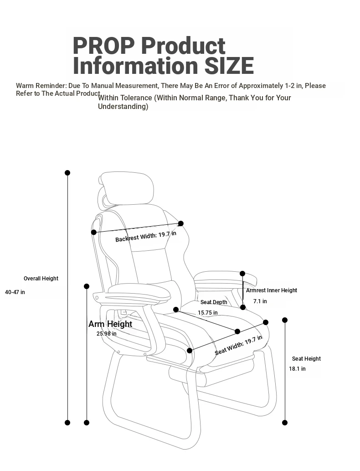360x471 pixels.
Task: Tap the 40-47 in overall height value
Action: click(15, 292)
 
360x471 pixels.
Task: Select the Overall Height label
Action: click(41, 279)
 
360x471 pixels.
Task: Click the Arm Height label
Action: click(110, 324)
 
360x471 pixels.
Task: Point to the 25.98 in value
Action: click(107, 333)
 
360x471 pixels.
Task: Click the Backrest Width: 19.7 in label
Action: click(146, 236)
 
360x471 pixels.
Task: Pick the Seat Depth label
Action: click(214, 302)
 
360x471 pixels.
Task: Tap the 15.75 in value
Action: click(208, 313)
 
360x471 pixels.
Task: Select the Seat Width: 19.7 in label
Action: click(238, 345)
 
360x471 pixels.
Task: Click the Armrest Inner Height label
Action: click(272, 290)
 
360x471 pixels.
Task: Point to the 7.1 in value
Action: click(260, 301)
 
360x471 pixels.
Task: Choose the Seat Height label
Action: click(306, 359)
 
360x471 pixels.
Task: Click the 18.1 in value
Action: click(297, 368)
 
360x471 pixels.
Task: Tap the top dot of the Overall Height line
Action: click(67, 173)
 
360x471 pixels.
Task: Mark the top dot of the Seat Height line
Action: click(285, 320)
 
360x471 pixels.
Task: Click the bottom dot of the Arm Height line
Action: click(87, 423)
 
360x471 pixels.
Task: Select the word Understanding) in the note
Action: click(123, 107)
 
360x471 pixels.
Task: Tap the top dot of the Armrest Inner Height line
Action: click(242, 274)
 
